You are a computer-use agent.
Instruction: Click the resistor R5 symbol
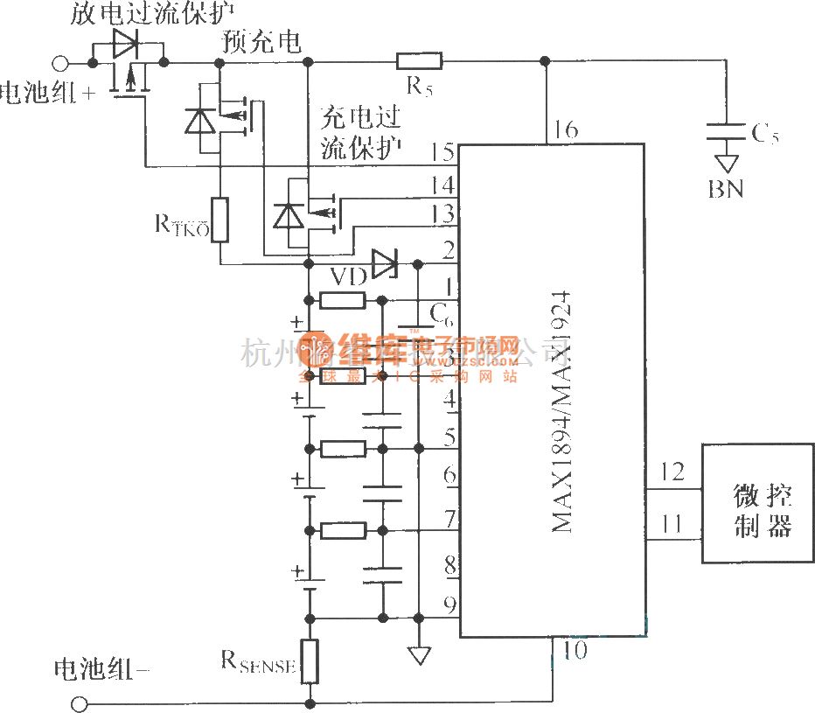420,60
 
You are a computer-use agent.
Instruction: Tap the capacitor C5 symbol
726,132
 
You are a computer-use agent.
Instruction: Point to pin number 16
565,129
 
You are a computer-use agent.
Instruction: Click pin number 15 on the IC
442,154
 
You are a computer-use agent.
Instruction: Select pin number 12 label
673,473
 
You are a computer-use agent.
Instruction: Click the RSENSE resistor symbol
310,661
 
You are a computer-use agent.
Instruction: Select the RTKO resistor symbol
219,220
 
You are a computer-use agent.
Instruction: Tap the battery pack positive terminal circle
61,62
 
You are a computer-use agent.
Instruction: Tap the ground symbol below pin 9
420,653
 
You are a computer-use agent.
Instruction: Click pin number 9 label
449,603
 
